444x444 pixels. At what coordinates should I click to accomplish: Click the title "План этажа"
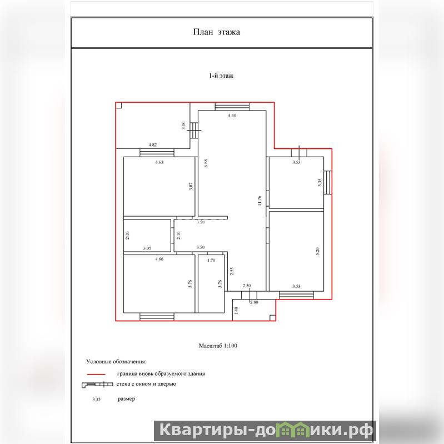click(x=217, y=32)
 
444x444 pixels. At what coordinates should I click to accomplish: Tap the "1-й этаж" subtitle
click(x=221, y=76)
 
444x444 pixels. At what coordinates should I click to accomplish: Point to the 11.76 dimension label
click(x=260, y=201)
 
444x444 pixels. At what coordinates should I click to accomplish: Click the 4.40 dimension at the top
click(x=232, y=116)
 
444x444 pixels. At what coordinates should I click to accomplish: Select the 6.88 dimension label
click(x=206, y=163)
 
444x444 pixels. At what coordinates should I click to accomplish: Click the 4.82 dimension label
click(x=153, y=144)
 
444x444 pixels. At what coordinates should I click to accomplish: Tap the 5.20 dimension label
click(x=317, y=251)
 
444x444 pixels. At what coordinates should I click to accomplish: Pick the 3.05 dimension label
click(x=147, y=248)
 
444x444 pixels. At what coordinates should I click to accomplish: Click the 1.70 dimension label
click(x=211, y=261)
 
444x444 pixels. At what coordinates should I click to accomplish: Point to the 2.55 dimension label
click(x=232, y=271)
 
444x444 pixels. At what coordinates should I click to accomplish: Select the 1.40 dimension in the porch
click(x=236, y=310)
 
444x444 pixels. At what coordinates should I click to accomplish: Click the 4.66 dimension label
click(x=159, y=259)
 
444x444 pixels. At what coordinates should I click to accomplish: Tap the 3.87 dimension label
click(x=191, y=186)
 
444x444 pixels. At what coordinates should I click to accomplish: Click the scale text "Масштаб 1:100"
click(x=218, y=346)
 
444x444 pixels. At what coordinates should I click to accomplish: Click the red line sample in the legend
click(x=96, y=374)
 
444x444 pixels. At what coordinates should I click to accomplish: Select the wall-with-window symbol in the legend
click(x=97, y=385)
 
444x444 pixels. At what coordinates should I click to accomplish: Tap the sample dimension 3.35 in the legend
click(x=96, y=399)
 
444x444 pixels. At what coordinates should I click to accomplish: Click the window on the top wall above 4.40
click(x=232, y=107)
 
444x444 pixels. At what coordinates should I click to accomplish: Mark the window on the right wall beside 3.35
click(x=328, y=182)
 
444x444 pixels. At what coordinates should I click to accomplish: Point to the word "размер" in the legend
click(x=126, y=399)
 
